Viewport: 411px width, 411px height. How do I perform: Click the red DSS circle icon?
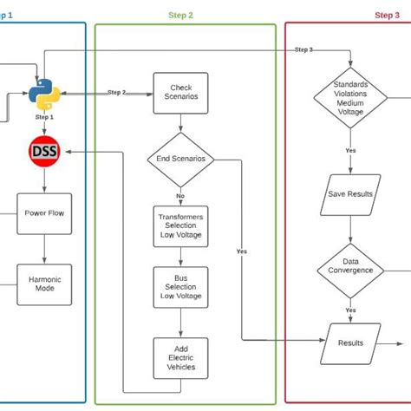(x=43, y=153)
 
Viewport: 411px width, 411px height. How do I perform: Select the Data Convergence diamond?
(x=350, y=270)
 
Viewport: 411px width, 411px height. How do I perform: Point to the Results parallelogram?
(x=350, y=342)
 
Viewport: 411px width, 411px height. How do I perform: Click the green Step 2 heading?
(x=179, y=15)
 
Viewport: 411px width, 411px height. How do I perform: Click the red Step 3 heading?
(x=387, y=15)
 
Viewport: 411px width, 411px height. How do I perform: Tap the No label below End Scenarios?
(x=180, y=196)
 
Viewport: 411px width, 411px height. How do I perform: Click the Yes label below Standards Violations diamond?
(x=350, y=150)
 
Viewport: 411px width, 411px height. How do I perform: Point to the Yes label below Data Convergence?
(x=350, y=310)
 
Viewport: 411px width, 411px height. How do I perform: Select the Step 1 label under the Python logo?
(x=44, y=116)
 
